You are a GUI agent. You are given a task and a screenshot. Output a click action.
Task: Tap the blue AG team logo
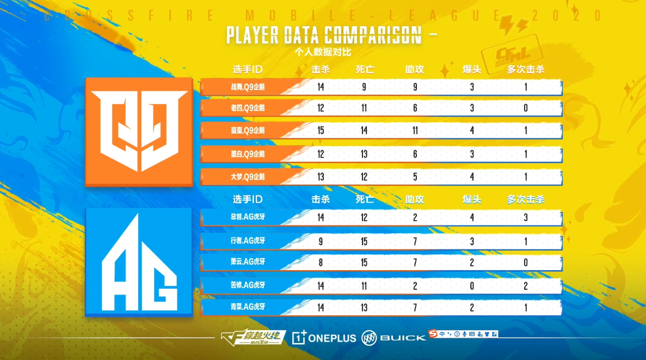pyautogui.click(x=139, y=261)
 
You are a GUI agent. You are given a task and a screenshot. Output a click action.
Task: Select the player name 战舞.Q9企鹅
pyautogui.click(x=248, y=87)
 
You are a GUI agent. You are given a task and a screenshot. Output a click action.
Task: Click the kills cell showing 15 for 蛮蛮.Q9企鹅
pyautogui.click(x=321, y=131)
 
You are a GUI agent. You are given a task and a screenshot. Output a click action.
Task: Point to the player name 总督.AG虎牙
pyautogui.click(x=248, y=217)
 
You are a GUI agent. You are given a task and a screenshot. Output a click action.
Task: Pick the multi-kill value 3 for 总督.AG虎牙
pyautogui.click(x=526, y=218)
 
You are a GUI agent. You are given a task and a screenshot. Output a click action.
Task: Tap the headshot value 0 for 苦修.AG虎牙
pyautogui.click(x=472, y=285)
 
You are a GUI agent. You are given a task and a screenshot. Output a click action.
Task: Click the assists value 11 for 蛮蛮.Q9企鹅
pyautogui.click(x=415, y=131)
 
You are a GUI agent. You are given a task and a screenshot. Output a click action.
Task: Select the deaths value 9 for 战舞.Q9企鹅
pyautogui.click(x=364, y=87)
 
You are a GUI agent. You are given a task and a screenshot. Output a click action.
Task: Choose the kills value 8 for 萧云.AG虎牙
pyautogui.click(x=321, y=263)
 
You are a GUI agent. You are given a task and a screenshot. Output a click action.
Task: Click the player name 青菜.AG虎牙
pyautogui.click(x=248, y=308)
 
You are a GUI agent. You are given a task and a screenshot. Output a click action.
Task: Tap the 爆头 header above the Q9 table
pyautogui.click(x=472, y=70)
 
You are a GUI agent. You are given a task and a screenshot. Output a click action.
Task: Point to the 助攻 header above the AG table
pyautogui.click(x=415, y=199)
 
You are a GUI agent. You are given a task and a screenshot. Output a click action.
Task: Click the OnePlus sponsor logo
pyautogui.click(x=324, y=338)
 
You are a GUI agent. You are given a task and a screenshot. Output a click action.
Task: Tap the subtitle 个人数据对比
pyautogui.click(x=323, y=52)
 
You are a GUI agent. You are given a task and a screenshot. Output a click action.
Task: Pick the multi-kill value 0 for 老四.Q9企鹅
pyautogui.click(x=526, y=108)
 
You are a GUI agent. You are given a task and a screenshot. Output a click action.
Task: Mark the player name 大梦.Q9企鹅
pyautogui.click(x=248, y=177)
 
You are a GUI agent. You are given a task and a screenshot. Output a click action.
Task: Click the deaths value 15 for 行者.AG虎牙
pyautogui.click(x=364, y=240)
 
